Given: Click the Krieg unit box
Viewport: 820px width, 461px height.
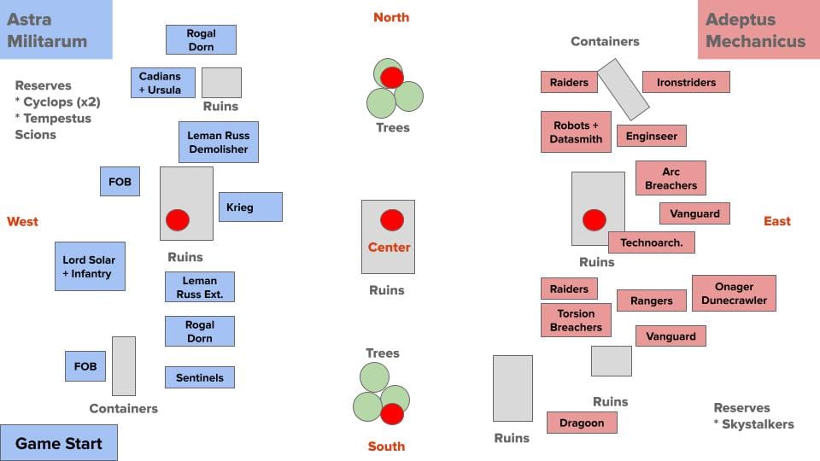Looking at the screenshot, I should point(250,207).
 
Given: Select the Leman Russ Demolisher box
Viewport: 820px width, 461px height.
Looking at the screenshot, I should point(218,142).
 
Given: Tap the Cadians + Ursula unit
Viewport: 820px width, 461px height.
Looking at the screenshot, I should point(162,83).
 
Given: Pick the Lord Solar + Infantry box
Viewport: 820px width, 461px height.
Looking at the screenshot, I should point(90,266).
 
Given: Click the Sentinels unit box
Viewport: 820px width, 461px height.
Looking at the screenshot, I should point(199,377).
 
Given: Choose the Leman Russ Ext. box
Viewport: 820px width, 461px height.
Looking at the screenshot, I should point(199,287).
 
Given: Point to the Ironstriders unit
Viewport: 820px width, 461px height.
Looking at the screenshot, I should point(686,82).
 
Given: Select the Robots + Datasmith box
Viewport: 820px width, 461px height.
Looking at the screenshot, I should point(576,132).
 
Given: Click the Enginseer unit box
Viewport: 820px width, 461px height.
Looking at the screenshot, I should point(652,136).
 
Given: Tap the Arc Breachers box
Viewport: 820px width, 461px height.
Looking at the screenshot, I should point(671,178).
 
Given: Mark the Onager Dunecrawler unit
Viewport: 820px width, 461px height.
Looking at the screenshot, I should point(734,294).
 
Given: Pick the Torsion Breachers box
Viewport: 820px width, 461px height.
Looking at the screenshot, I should point(576,320).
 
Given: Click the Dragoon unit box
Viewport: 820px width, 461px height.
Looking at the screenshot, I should point(582,423).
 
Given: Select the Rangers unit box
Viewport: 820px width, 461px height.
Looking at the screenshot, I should point(651,300).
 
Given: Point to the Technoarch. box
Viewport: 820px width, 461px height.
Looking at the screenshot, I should point(651,242).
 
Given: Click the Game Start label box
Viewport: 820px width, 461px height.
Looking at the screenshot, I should point(58,443).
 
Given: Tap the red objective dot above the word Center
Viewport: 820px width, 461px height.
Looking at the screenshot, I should point(391,220).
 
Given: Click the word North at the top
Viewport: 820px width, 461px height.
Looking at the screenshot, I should point(391,17).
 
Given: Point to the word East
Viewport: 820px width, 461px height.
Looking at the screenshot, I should point(776,221).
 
